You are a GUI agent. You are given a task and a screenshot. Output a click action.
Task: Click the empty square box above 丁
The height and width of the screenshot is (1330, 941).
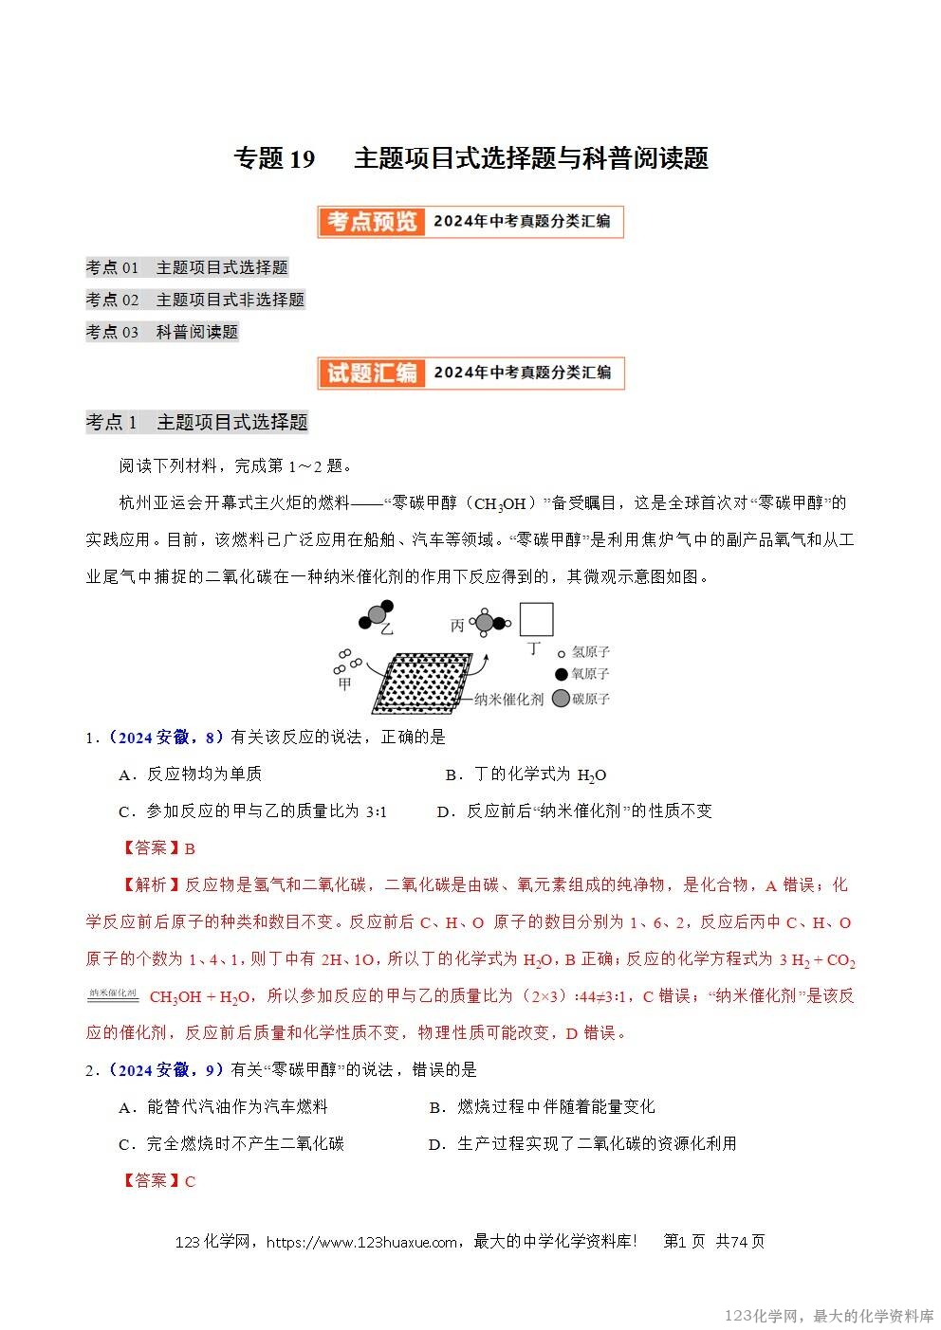(536, 619)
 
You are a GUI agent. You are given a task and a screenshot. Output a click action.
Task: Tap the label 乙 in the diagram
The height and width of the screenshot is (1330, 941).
(386, 629)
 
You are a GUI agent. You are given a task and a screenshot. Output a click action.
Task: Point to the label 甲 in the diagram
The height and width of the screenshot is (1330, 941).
(344, 683)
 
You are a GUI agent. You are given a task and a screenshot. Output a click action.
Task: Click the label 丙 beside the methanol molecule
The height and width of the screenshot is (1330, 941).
(457, 626)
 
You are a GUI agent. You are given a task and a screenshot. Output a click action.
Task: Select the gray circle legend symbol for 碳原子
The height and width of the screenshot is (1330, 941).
(561, 699)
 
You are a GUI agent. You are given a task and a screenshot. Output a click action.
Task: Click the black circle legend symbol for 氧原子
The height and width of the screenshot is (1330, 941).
(562, 674)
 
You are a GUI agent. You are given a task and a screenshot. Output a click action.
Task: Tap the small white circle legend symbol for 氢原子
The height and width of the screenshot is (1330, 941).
(562, 653)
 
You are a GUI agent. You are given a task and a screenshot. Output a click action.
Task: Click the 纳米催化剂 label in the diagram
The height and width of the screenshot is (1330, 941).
(508, 700)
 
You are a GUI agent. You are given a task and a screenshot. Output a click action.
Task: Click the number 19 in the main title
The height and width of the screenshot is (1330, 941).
(301, 158)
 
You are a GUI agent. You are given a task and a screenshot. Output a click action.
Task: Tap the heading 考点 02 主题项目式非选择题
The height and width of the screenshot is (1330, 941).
(194, 300)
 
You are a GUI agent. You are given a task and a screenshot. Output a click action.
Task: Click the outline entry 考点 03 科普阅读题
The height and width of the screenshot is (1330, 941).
(161, 332)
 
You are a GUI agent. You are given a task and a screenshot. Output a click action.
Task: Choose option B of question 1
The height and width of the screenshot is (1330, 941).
(526, 774)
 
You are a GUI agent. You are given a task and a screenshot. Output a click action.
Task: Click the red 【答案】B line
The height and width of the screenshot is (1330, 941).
(158, 848)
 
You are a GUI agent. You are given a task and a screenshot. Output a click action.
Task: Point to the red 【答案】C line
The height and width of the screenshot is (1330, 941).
(158, 1181)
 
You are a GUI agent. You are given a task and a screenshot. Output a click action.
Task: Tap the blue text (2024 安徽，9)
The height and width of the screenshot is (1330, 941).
(166, 1070)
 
